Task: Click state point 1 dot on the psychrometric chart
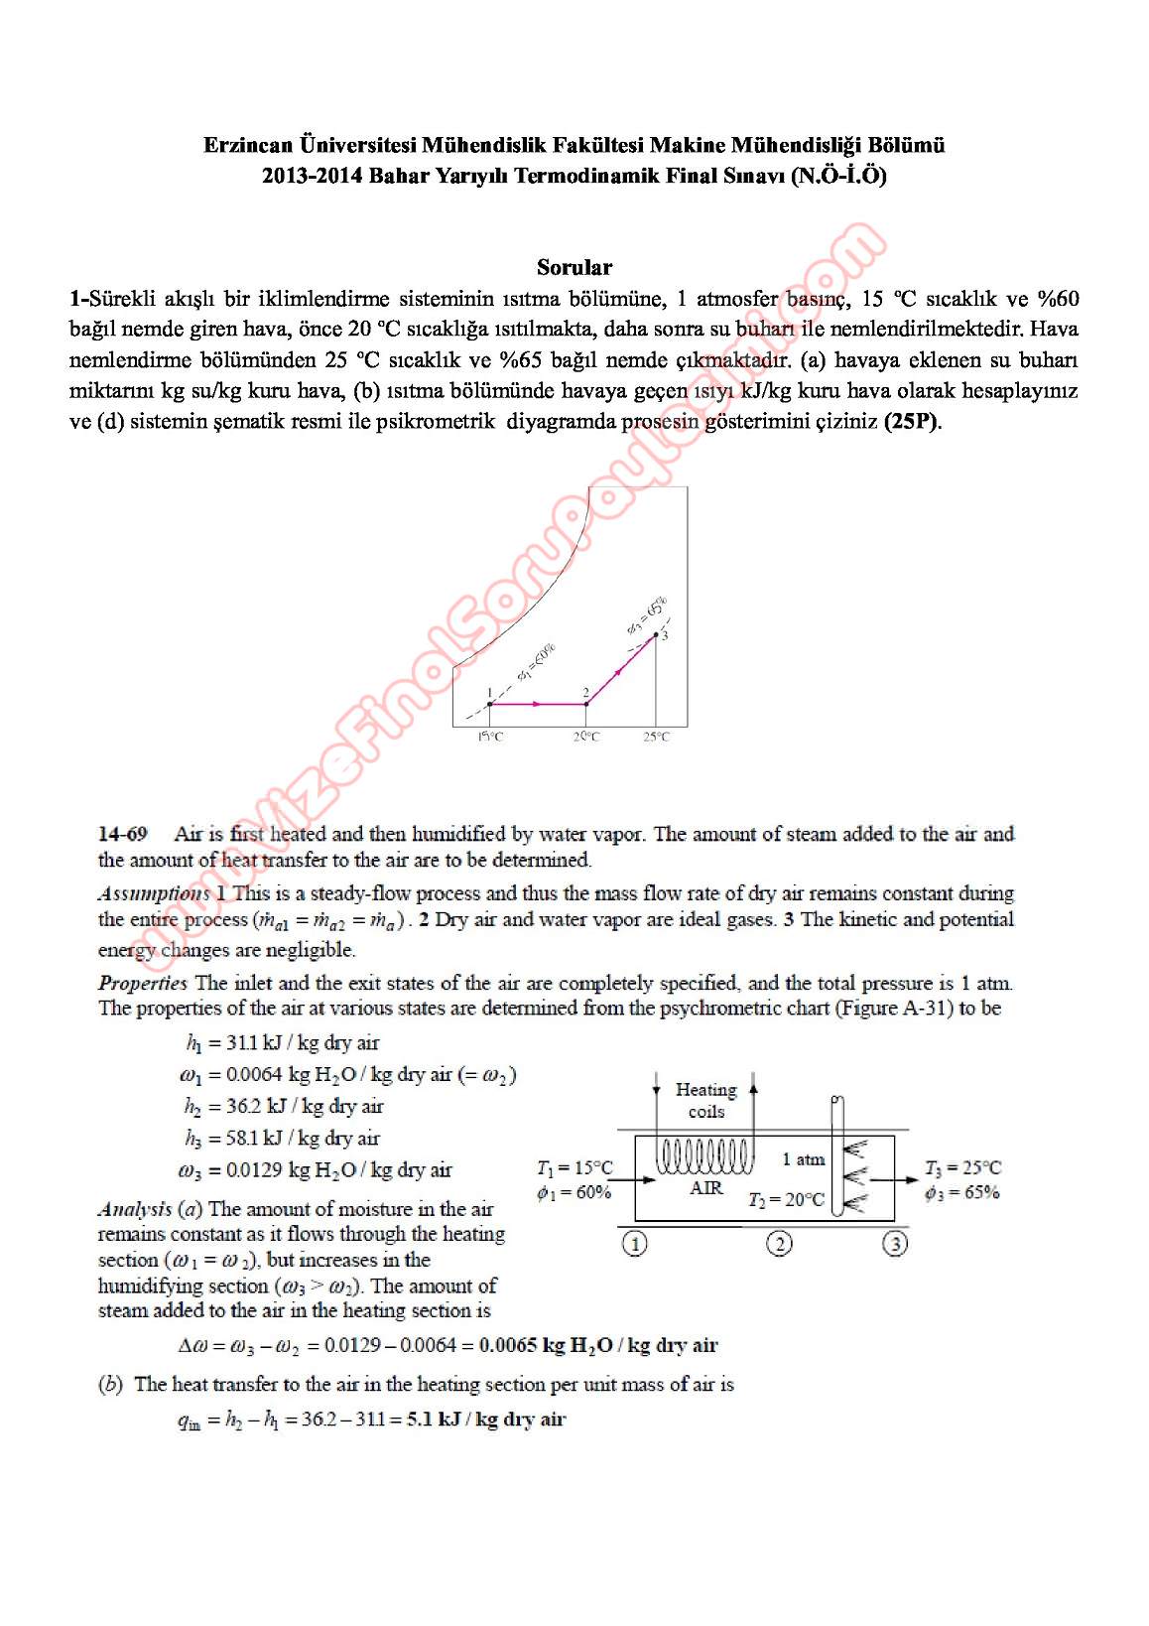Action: [x=489, y=704]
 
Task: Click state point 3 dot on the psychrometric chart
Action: [x=656, y=635]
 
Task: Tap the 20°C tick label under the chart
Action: [x=586, y=737]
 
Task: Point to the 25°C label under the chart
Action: [x=656, y=737]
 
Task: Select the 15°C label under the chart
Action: [x=490, y=737]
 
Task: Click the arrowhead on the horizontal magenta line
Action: [x=536, y=704]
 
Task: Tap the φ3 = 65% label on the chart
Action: [x=647, y=615]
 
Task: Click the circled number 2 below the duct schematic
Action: [x=780, y=1244]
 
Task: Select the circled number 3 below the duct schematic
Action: [x=895, y=1244]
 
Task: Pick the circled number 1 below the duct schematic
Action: [x=634, y=1244]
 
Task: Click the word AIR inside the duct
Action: [x=706, y=1188]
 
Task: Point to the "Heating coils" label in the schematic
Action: [x=706, y=1101]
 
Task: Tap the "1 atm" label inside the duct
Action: [x=804, y=1159]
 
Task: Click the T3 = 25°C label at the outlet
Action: [x=962, y=1168]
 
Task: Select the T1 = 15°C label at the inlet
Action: [x=574, y=1168]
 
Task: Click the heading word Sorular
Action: [x=574, y=267]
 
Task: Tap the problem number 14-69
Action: [x=123, y=834]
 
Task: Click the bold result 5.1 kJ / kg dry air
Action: [x=486, y=1420]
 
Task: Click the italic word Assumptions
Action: [x=154, y=893]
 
